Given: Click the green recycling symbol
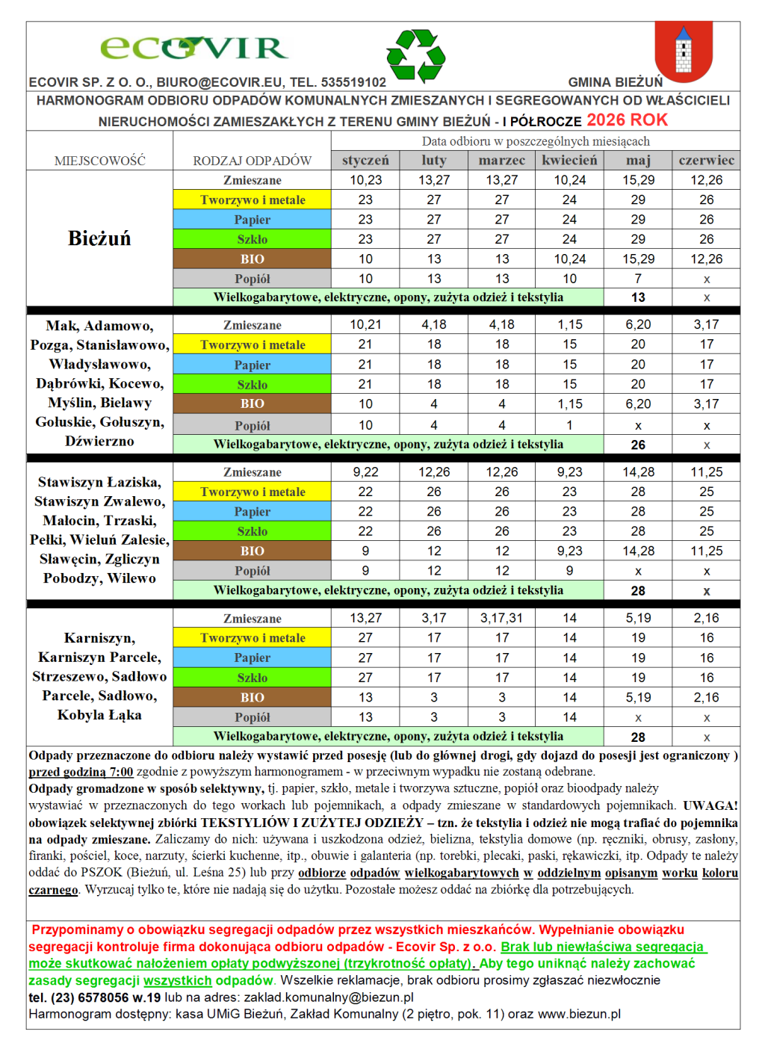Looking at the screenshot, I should [x=416, y=55].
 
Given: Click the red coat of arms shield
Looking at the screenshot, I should [x=683, y=51].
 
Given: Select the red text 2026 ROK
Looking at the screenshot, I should [x=627, y=120].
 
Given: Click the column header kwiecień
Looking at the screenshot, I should [x=569, y=160].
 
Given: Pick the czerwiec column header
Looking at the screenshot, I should [x=706, y=160].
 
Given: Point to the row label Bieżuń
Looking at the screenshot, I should [x=99, y=238].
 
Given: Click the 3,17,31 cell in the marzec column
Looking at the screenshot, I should [x=501, y=618].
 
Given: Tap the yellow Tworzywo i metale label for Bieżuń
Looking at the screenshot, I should [x=253, y=199].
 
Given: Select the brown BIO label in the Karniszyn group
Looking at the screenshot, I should [x=253, y=697].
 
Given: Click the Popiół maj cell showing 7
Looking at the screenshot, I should [x=638, y=279].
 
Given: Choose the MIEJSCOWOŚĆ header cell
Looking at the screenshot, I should [x=99, y=161].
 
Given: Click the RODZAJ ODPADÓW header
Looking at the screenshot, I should [x=253, y=161].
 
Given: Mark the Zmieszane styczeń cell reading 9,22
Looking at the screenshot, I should [x=365, y=472].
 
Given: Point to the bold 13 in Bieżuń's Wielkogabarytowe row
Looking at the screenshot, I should [x=638, y=297].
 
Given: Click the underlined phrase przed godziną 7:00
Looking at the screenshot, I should [x=81, y=772].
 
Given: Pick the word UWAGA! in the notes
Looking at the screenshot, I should [x=710, y=805].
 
